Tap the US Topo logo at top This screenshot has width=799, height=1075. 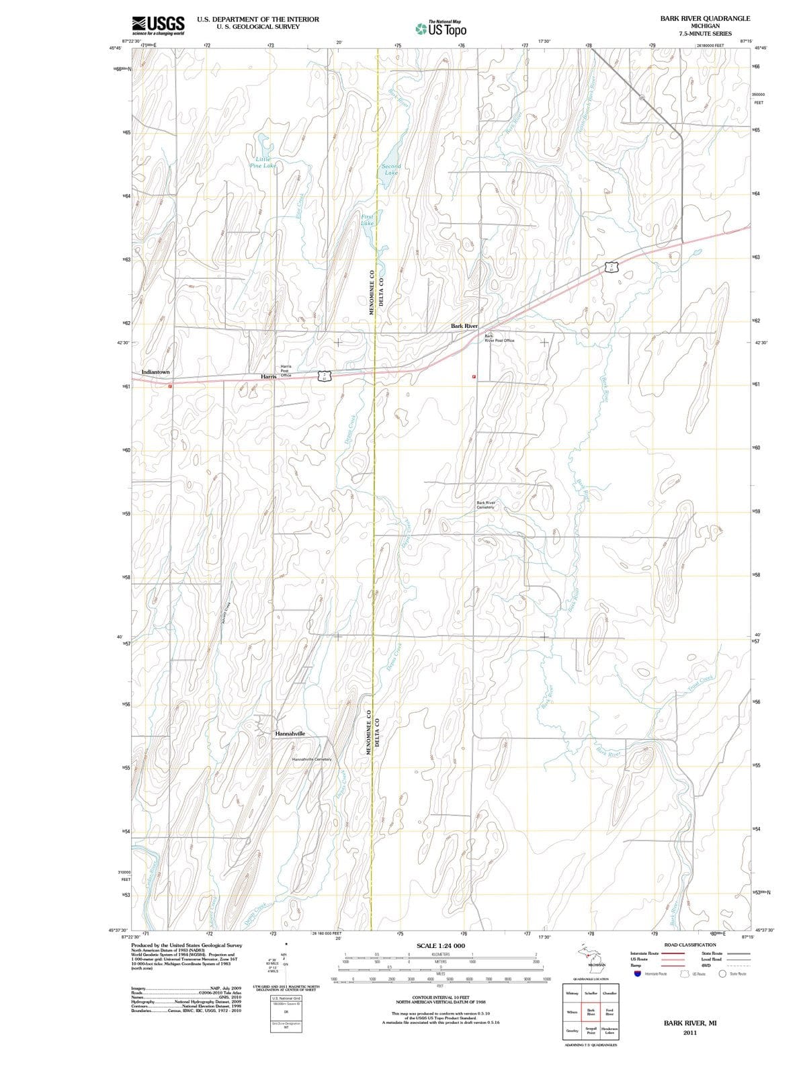coord(439,29)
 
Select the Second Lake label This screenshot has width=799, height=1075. coord(391,169)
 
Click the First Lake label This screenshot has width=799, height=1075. coord(368,220)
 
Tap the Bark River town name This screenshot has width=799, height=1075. coord(464,326)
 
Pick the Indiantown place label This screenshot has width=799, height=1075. coord(156,372)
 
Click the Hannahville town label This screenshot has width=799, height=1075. coord(290,734)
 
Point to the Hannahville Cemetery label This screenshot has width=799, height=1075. coord(312,759)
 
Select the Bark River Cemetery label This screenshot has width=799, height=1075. coord(486,505)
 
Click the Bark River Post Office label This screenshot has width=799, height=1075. coord(499,339)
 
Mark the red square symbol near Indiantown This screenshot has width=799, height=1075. coord(170,386)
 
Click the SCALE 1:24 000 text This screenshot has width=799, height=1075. coord(441,946)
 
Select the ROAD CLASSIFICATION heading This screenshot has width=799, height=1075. coord(690,945)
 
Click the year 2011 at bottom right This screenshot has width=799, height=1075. coord(689,1033)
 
